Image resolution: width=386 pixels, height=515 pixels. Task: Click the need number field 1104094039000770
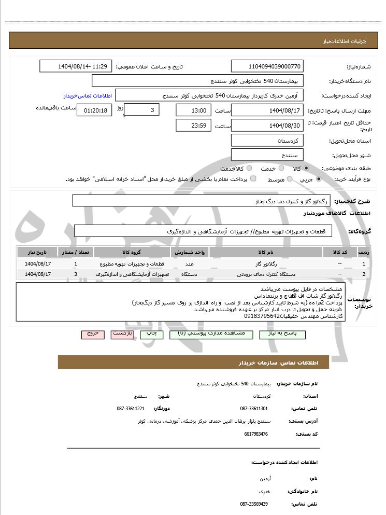point(267,66)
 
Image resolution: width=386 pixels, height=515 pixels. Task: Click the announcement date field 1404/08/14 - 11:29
point(76,66)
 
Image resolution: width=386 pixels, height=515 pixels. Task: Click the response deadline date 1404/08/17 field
point(267,110)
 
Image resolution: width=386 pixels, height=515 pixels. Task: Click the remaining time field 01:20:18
point(94,110)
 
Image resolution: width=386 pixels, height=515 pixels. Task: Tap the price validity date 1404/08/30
point(267,126)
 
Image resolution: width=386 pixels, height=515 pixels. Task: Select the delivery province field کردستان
point(267,141)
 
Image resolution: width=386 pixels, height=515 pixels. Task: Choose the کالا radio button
point(306,169)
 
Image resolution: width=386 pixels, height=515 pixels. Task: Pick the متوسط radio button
point(289,179)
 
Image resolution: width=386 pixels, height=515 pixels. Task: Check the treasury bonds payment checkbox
point(253,179)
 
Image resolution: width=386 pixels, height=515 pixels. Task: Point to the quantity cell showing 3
point(76,274)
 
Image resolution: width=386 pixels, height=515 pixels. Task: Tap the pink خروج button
point(93,335)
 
